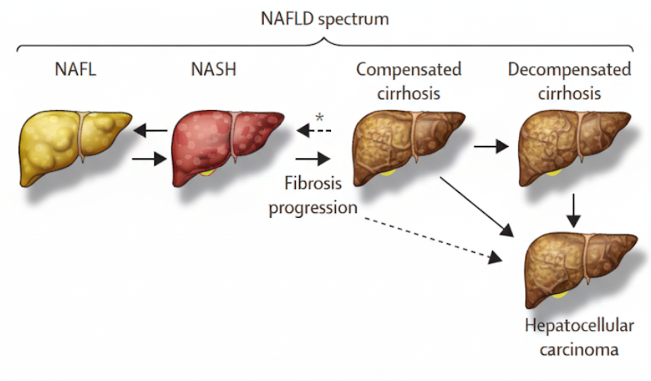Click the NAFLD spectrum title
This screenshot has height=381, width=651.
click(325, 19)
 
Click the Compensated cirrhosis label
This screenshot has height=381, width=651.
click(409, 81)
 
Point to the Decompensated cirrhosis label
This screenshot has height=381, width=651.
click(569, 81)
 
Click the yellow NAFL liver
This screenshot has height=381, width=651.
click(72, 146)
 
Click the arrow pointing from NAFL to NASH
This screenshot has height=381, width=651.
click(150, 159)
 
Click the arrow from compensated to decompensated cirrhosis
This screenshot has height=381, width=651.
click(490, 146)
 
